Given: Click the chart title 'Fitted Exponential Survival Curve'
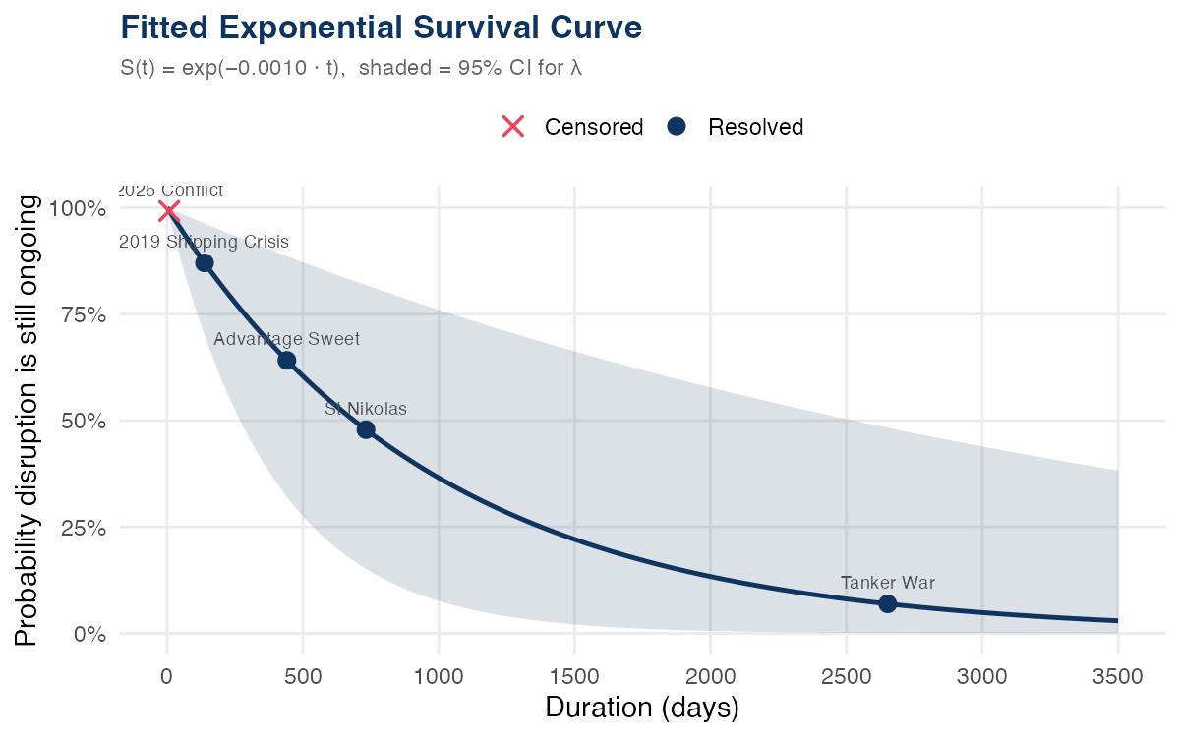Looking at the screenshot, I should (x=381, y=28).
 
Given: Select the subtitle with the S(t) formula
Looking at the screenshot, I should (x=358, y=69).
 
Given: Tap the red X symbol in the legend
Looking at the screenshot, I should (x=513, y=127).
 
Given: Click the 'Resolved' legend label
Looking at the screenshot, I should (x=755, y=127).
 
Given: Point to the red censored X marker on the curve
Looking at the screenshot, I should (x=168, y=210).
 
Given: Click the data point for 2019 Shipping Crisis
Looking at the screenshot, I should (x=205, y=262).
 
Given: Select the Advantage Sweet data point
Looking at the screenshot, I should (x=287, y=360).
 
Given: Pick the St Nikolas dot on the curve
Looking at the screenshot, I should (x=366, y=429).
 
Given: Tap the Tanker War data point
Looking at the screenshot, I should (x=887, y=603).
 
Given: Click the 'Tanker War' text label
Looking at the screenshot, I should (x=887, y=583).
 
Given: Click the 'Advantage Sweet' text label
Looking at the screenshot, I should (x=286, y=339).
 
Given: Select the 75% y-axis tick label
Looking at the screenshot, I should (x=86, y=314).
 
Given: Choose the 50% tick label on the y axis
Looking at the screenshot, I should (x=86, y=421).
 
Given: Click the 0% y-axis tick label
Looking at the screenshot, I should (x=90, y=633).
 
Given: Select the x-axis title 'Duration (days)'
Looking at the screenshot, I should (x=641, y=708).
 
